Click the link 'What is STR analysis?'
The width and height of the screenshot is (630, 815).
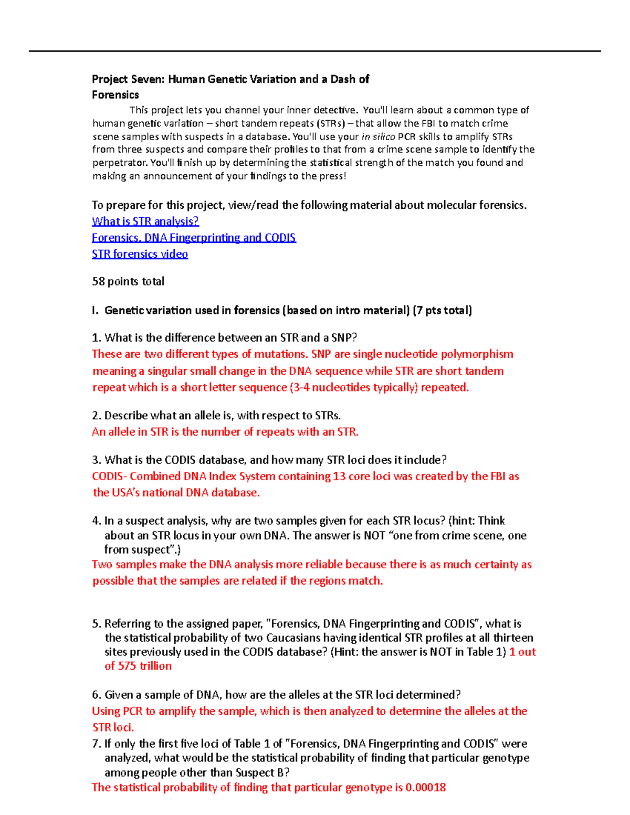[x=145, y=221]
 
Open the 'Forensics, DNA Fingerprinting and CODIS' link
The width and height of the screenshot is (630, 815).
[x=194, y=238]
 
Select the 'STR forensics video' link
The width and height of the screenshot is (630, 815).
[x=140, y=254]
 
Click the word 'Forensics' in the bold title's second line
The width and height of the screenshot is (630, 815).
[x=115, y=95]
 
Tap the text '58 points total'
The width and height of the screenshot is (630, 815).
[x=128, y=281]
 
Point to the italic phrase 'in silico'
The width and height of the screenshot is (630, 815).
[x=379, y=136]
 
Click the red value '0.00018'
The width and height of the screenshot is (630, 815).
[x=426, y=787]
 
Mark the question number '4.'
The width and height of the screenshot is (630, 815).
[x=97, y=521]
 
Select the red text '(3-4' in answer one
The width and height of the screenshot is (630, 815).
[x=299, y=387]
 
